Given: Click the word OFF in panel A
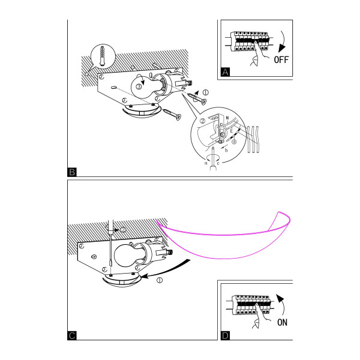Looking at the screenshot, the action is click(x=281, y=59).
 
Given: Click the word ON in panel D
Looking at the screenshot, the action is click(x=282, y=322).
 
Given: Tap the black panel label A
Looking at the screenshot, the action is click(x=225, y=72).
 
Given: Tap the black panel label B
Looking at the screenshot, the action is click(x=72, y=172).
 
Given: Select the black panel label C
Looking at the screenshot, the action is click(x=72, y=335).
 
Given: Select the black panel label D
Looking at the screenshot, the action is click(x=225, y=335).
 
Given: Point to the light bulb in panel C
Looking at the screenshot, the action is click(x=128, y=256).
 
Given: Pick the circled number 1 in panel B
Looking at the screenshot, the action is click(x=205, y=92).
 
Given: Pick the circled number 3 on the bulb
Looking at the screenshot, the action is click(x=139, y=86).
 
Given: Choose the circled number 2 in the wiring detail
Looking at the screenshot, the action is click(x=202, y=121).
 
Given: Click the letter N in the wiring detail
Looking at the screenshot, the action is click(x=227, y=118).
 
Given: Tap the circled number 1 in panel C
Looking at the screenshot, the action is click(x=160, y=280).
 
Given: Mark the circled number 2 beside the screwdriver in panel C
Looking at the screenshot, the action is click(x=123, y=230).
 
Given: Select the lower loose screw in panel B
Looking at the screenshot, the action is click(x=172, y=115).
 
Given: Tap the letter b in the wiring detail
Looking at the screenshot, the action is click(x=226, y=151).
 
